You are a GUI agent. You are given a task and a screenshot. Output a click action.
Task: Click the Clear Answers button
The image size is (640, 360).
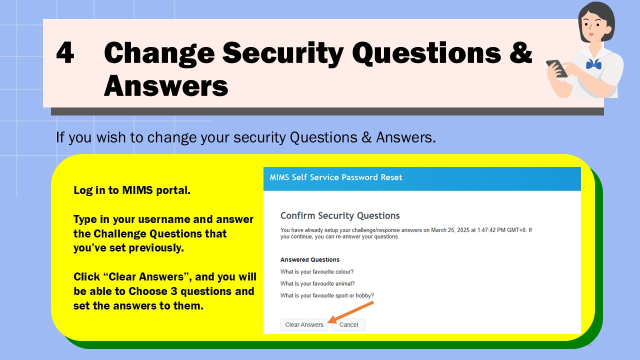pyautogui.click(x=304, y=324)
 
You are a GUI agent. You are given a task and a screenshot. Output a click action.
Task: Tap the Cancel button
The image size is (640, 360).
pyautogui.click(x=348, y=324)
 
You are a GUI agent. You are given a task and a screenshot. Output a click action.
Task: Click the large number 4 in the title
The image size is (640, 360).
pyautogui.click(x=65, y=52)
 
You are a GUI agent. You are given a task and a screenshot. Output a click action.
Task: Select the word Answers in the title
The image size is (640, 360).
pyautogui.click(x=166, y=85)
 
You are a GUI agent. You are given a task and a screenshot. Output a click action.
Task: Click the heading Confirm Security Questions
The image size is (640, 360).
pyautogui.click(x=340, y=215)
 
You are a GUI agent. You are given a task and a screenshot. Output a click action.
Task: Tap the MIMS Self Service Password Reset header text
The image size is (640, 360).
pyautogui.click(x=336, y=177)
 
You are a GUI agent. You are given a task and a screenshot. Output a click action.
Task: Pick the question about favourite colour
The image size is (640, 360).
pyautogui.click(x=317, y=271)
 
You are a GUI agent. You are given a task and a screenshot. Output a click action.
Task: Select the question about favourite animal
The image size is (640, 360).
pyautogui.click(x=317, y=283)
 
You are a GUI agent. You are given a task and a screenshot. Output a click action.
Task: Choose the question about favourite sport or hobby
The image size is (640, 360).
pyautogui.click(x=327, y=295)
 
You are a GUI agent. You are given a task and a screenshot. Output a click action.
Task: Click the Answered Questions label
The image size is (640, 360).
pyautogui.click(x=310, y=259)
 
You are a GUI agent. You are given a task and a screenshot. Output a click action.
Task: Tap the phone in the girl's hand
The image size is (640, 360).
pyautogui.click(x=556, y=68)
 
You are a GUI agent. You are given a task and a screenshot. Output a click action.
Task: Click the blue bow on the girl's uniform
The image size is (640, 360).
pyautogui.click(x=593, y=64)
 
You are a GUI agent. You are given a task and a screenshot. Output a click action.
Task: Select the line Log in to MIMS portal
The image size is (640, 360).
pyautogui.click(x=132, y=190)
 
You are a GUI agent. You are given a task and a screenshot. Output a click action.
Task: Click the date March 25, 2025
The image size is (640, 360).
pyautogui.click(x=453, y=230)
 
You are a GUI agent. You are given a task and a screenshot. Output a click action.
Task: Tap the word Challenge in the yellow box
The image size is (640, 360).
pyautogui.click(x=120, y=233)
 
